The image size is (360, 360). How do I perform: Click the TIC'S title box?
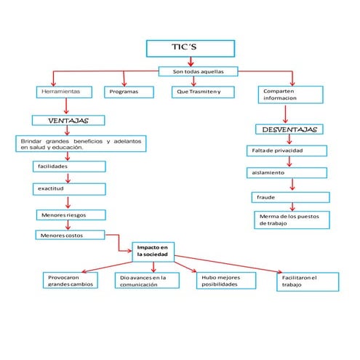(x=191, y=48)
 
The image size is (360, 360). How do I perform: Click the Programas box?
(x=129, y=92)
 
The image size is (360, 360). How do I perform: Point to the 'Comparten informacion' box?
(x=288, y=95)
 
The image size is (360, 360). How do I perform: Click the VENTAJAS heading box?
(x=68, y=120)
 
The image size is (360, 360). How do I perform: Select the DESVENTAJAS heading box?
(x=289, y=129)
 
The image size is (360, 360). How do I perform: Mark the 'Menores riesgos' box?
(x=71, y=215)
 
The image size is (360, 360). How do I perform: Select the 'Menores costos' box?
(x=71, y=236)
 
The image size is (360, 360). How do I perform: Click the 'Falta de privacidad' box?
(x=288, y=151)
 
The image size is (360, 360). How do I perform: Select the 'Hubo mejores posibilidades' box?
(x=228, y=281)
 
